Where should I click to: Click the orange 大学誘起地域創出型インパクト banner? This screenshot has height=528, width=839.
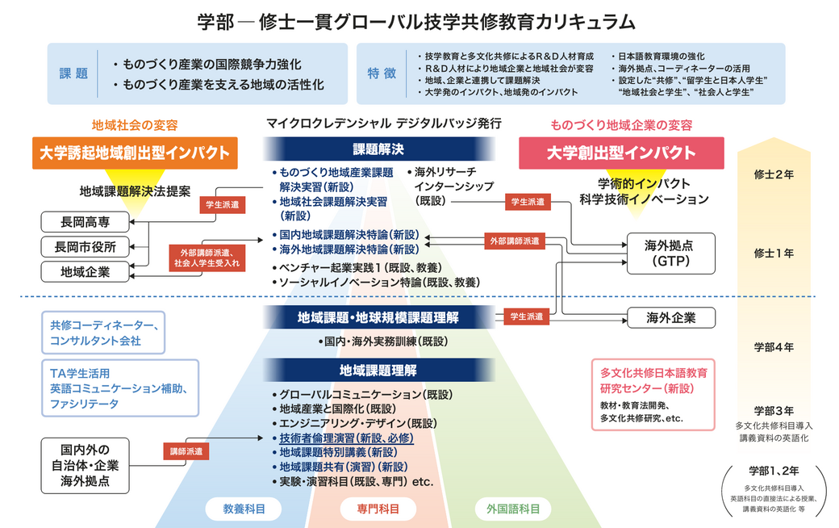pyautogui.click(x=135, y=153)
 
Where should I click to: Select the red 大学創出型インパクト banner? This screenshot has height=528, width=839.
pyautogui.click(x=621, y=153)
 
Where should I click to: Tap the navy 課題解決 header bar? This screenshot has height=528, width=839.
pyautogui.click(x=378, y=149)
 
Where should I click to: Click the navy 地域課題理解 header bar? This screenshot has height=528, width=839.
pyautogui.click(x=378, y=371)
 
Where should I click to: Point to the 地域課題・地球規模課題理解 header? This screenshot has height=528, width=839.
pyautogui.click(x=378, y=317)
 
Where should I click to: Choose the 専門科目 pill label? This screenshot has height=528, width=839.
pyautogui.click(x=378, y=509)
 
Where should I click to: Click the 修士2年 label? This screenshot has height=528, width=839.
pyautogui.click(x=774, y=174)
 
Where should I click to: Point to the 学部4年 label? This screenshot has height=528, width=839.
pyautogui.click(x=774, y=347)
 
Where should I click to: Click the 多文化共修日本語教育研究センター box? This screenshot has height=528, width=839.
pyautogui.click(x=653, y=394)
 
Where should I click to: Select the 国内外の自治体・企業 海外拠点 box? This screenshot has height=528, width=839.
pyautogui.click(x=86, y=465)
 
